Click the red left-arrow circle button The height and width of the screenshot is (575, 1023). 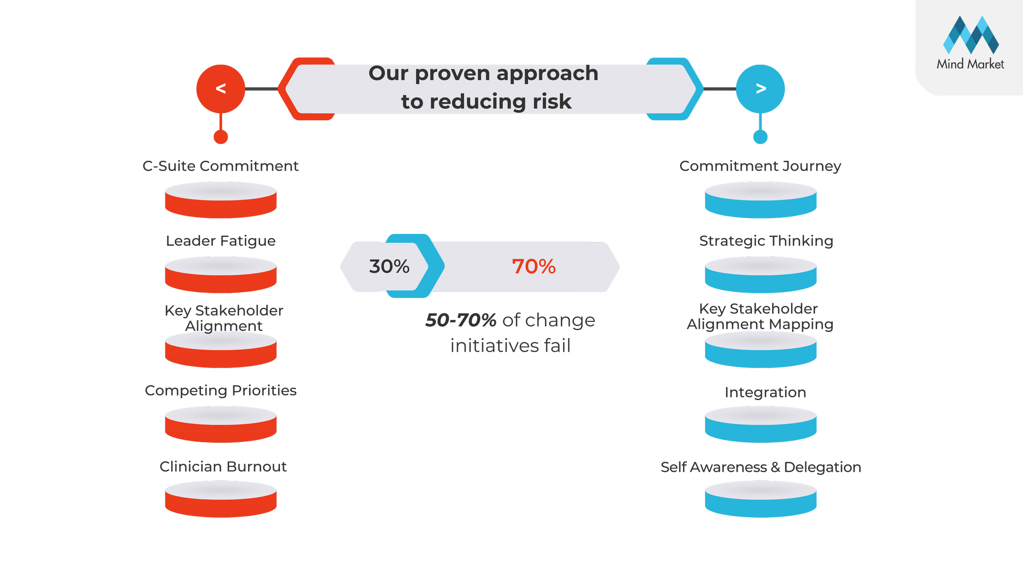[221, 88]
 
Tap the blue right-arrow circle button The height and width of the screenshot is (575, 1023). [760, 88]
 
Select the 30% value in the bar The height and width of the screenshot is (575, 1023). [389, 267]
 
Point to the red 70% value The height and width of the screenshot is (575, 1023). [534, 267]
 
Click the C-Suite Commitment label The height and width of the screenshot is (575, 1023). [221, 166]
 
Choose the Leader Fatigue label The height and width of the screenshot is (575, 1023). [221, 241]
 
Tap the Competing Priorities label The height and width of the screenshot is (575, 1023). [221, 391]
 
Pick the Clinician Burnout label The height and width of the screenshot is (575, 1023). [223, 467]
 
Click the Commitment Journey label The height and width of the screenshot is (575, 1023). [760, 166]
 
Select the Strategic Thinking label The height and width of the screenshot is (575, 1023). [766, 241]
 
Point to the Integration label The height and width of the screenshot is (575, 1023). [765, 393]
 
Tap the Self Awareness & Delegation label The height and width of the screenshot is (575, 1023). [761, 467]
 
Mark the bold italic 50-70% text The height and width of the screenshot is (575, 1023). [461, 320]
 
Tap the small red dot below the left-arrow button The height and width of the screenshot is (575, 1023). [221, 137]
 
